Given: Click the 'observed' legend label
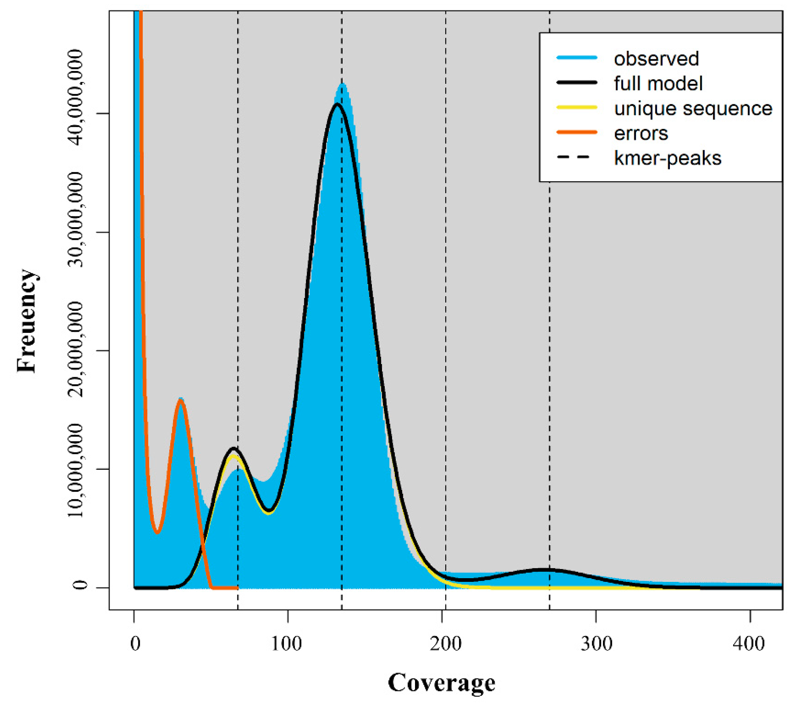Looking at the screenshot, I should click(x=656, y=59).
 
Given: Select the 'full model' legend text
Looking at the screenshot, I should click(x=658, y=84).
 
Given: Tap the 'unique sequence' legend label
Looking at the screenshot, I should click(x=693, y=109).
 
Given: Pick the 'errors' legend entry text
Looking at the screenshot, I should click(x=641, y=134).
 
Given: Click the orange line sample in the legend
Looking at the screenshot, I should click(x=576, y=132).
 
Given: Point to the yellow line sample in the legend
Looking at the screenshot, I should click(x=576, y=108).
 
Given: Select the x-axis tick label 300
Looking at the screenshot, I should click(x=596, y=644).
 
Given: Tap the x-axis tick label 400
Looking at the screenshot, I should click(x=749, y=644).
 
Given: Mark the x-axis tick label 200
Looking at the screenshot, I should click(x=445, y=644).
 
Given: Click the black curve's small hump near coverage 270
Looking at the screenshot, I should click(x=545, y=570).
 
